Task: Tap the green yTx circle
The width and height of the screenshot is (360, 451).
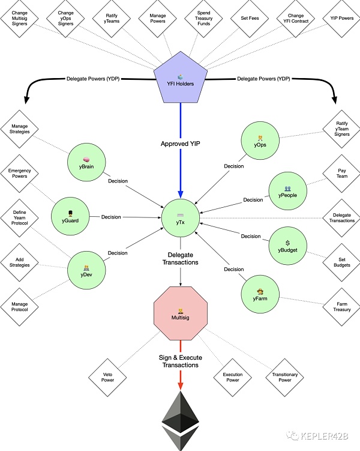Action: click(181, 217)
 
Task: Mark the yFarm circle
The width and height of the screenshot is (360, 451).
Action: click(260, 294)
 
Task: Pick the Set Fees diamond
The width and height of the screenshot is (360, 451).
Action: click(248, 17)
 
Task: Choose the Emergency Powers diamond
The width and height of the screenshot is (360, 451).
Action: click(19, 175)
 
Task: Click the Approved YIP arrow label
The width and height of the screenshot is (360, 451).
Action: click(180, 144)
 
